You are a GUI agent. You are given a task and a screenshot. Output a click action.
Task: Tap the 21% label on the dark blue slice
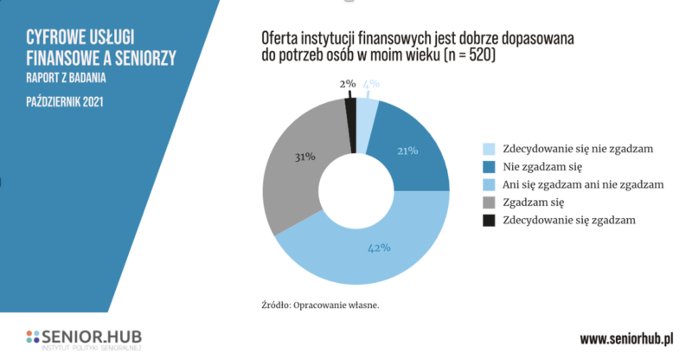[x=407, y=151]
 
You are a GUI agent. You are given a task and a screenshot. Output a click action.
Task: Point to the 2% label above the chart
[x=347, y=84]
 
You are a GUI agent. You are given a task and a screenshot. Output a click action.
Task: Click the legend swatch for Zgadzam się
[x=489, y=202]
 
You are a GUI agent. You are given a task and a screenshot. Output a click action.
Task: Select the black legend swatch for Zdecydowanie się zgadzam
[x=489, y=221]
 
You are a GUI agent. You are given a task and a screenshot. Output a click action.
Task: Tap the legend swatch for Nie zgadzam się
[x=489, y=166]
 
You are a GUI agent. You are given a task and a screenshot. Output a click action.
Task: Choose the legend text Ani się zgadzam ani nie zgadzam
[x=577, y=184]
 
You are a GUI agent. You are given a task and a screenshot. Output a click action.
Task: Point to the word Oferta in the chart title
[x=280, y=39]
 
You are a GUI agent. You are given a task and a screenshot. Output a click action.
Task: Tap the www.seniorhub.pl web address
[x=625, y=337]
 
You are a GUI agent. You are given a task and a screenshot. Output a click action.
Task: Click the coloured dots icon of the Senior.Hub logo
[x=33, y=336]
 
